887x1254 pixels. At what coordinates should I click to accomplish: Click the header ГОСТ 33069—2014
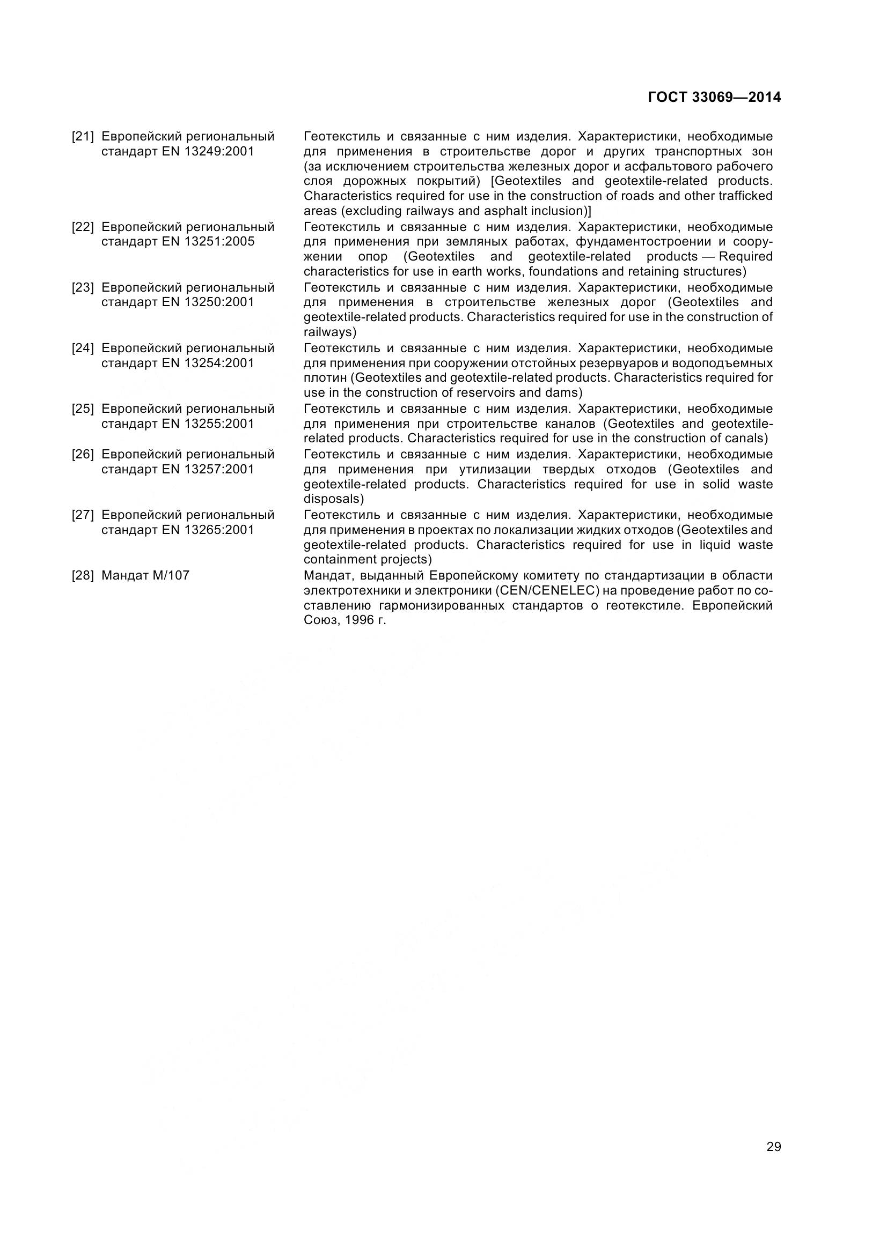[x=714, y=97]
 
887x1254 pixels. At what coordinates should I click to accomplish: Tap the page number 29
[x=773, y=1146]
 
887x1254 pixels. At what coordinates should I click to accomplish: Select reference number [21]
[x=83, y=136]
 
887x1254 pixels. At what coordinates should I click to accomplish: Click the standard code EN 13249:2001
[x=208, y=151]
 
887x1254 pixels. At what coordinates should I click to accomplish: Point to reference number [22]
[x=83, y=227]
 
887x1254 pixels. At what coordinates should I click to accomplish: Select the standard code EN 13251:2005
[x=208, y=241]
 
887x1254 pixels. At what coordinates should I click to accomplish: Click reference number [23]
[x=83, y=287]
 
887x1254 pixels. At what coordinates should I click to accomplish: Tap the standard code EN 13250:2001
[x=208, y=302]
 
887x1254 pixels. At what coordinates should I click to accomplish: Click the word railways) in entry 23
[x=329, y=332]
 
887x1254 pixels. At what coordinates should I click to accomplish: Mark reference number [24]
[x=83, y=348]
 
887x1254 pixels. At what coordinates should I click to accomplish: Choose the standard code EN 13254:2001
[x=208, y=362]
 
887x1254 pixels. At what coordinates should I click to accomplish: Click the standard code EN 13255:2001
[x=208, y=424]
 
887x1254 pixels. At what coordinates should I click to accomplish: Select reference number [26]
[x=83, y=454]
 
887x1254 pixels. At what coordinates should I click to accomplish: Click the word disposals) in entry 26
[x=333, y=499]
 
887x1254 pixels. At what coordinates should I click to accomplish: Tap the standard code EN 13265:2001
[x=208, y=529]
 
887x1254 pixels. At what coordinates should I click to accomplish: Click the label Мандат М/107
[x=145, y=575]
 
